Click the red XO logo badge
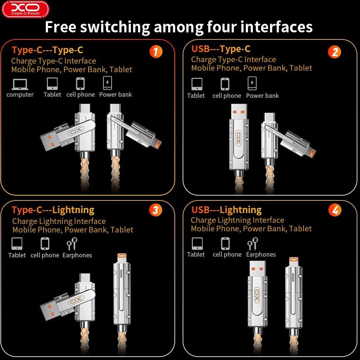(25, 9)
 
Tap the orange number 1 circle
(156, 52)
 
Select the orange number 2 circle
(334, 52)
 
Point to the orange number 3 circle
(155, 210)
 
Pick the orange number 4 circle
(335, 210)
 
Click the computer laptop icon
(20, 84)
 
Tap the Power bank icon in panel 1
(107, 83)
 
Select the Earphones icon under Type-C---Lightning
(72, 244)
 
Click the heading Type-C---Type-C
(47, 50)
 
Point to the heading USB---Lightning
(226, 210)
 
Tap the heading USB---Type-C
(221, 49)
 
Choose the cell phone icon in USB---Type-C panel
(225, 84)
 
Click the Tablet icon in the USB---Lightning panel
(197, 243)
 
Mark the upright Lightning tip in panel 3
(122, 258)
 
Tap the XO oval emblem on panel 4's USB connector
(257, 295)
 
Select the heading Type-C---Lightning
(53, 210)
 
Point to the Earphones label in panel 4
(261, 254)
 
